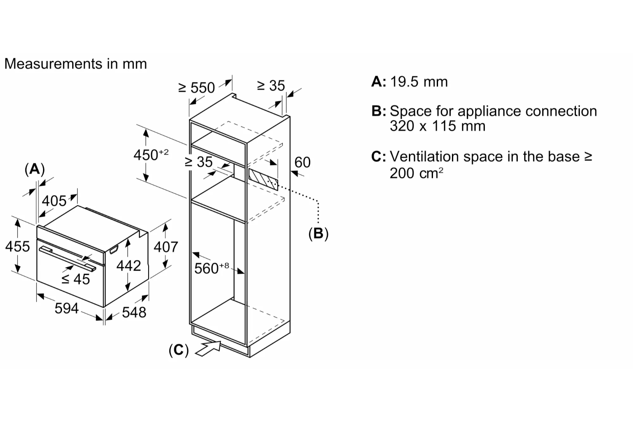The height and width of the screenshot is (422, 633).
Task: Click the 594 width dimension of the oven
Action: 67,308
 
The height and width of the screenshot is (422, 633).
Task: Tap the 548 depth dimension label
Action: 134,312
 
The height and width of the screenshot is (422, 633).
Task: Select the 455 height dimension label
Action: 18,246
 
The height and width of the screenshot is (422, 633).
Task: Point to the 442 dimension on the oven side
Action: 128,265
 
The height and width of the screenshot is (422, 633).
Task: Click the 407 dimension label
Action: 165,246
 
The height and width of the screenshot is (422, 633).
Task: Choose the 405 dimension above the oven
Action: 54,201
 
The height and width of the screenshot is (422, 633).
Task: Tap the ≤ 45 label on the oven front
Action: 76,279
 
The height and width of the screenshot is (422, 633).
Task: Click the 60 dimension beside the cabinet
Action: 302,162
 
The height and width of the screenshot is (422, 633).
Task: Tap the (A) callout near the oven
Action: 35,169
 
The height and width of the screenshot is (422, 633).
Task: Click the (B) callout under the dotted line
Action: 318,233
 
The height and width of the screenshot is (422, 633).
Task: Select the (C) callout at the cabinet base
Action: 179,350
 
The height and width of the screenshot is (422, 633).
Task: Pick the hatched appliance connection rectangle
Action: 263,180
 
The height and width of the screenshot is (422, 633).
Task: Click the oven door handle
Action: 68,259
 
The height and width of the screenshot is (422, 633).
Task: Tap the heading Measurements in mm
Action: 76,64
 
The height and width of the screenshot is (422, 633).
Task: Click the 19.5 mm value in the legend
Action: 419,81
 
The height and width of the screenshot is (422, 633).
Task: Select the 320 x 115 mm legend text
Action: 437,126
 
